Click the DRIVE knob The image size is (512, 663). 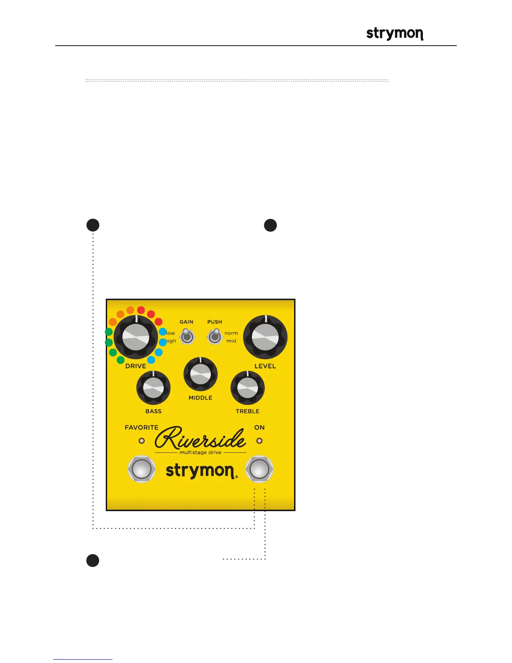pos(136,337)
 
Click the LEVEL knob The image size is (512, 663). pos(265,337)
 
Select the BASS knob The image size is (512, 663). pos(153,388)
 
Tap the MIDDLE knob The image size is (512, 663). pos(200,374)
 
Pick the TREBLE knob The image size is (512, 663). pos(248,388)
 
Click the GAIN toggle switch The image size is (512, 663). pos(187,336)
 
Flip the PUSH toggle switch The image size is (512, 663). pos(215,336)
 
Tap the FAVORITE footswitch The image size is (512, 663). pos(142,469)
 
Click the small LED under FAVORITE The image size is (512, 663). pos(142,441)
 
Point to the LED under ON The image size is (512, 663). pos(259,441)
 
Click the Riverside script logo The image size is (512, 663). pos(200,438)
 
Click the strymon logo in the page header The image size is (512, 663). pos(394,34)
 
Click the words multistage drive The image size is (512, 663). pos(200,452)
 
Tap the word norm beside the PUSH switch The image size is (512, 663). pos(231,333)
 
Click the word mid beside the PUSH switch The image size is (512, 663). pos(231,341)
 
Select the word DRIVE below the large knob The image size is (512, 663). pos(136,366)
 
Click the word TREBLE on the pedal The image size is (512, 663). pos(248,411)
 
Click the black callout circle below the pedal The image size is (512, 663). pos(93,560)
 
